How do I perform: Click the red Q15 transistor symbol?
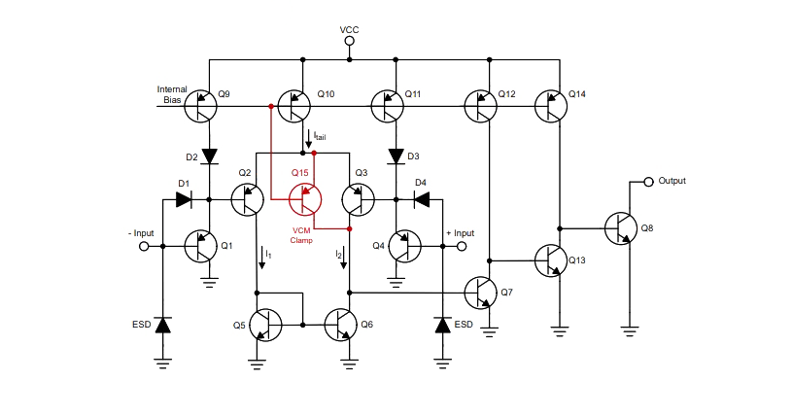coord(305,199)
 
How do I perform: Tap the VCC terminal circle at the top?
coord(349,42)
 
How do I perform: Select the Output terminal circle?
coord(649,182)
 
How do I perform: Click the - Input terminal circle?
coord(144,247)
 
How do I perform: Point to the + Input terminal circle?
coord(462,247)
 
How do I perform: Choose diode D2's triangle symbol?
coord(209,156)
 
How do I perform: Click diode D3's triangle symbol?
coord(396,156)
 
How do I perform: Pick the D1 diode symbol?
coord(184,199)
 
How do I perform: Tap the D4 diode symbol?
coord(422,199)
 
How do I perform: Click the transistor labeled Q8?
coord(621,228)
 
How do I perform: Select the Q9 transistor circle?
coord(200,106)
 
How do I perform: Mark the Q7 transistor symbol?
coord(480,293)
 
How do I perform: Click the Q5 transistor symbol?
coord(265,325)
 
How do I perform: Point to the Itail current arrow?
coord(308,139)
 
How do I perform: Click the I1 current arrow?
coord(262,259)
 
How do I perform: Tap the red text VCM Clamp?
coord(301,235)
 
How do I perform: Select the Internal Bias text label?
coord(172,94)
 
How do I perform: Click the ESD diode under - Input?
coord(163,325)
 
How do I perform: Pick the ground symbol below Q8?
coord(629,332)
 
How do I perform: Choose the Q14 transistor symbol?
coord(551,106)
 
